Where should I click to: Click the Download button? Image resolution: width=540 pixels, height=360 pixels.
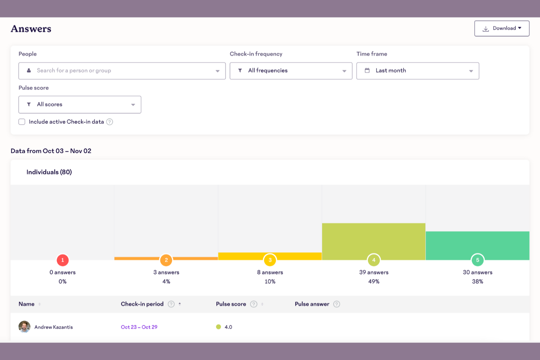pos(502,28)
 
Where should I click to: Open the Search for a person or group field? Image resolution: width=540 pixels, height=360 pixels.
pos(122,71)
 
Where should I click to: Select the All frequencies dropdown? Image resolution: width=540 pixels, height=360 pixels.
pos(291,71)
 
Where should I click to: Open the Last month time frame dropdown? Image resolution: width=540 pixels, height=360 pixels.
pos(417,71)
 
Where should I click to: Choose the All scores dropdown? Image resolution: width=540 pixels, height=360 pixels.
pos(80,105)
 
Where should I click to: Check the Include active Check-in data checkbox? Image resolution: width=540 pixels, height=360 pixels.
pos(22,122)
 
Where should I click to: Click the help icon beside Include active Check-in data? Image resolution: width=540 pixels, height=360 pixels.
pos(109,122)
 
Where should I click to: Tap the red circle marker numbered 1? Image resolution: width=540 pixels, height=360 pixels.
pos(62,260)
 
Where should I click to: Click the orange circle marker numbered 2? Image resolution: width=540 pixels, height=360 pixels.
pos(166,260)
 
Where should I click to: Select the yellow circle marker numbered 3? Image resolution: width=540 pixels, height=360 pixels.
pos(270,260)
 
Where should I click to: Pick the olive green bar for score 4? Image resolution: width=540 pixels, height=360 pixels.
pos(374,239)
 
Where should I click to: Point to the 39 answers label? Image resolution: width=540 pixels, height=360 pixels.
pos(374,272)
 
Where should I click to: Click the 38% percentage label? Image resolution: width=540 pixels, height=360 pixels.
pos(477,282)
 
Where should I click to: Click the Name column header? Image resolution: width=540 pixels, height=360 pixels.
pos(27,304)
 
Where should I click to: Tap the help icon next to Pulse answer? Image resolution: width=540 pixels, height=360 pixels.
pos(337,304)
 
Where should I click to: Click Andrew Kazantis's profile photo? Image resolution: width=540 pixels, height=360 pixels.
pos(24,327)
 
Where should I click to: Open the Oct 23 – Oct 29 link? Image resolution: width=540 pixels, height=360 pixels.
pos(139,327)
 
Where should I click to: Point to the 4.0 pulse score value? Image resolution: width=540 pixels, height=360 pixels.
pos(228,327)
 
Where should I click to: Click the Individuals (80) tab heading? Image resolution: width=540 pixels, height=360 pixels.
pos(49,172)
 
